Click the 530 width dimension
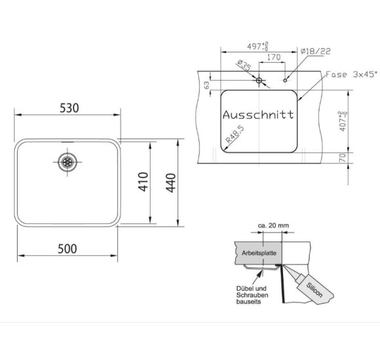(69, 108)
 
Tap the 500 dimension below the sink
(67, 249)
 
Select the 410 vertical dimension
(143, 182)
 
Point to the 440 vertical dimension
(171, 183)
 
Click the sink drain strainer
(67, 162)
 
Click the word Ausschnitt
(258, 115)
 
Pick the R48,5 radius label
(235, 134)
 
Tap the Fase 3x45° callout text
(352, 74)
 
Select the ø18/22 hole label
(315, 51)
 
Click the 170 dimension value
(274, 58)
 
